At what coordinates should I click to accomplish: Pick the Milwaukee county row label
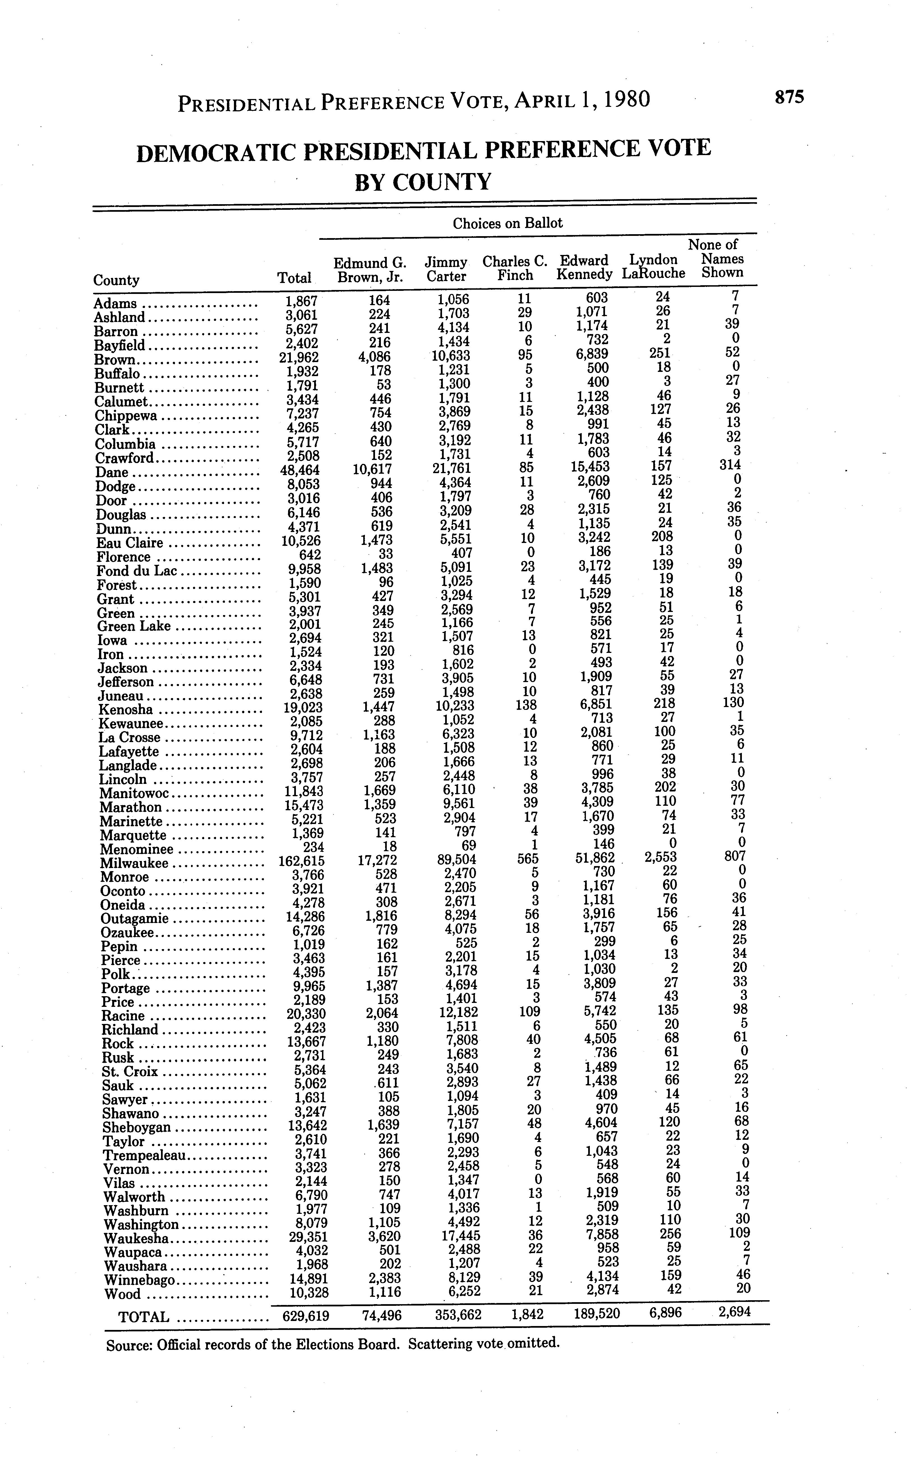coord(134,863)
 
